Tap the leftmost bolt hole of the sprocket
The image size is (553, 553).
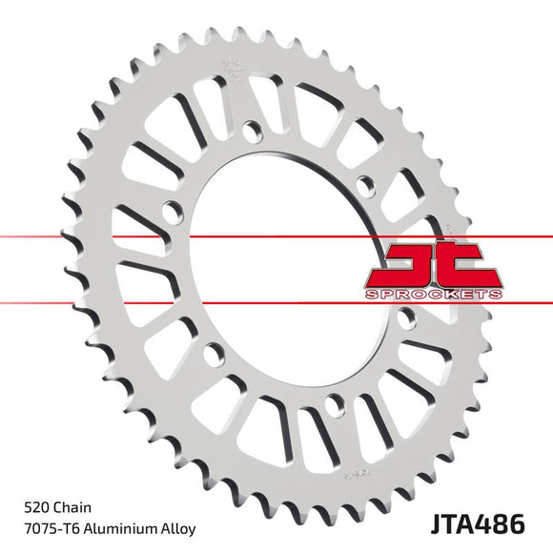point(172,211)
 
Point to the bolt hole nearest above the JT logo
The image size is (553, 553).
point(363,184)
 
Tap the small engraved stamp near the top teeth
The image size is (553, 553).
point(230,69)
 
